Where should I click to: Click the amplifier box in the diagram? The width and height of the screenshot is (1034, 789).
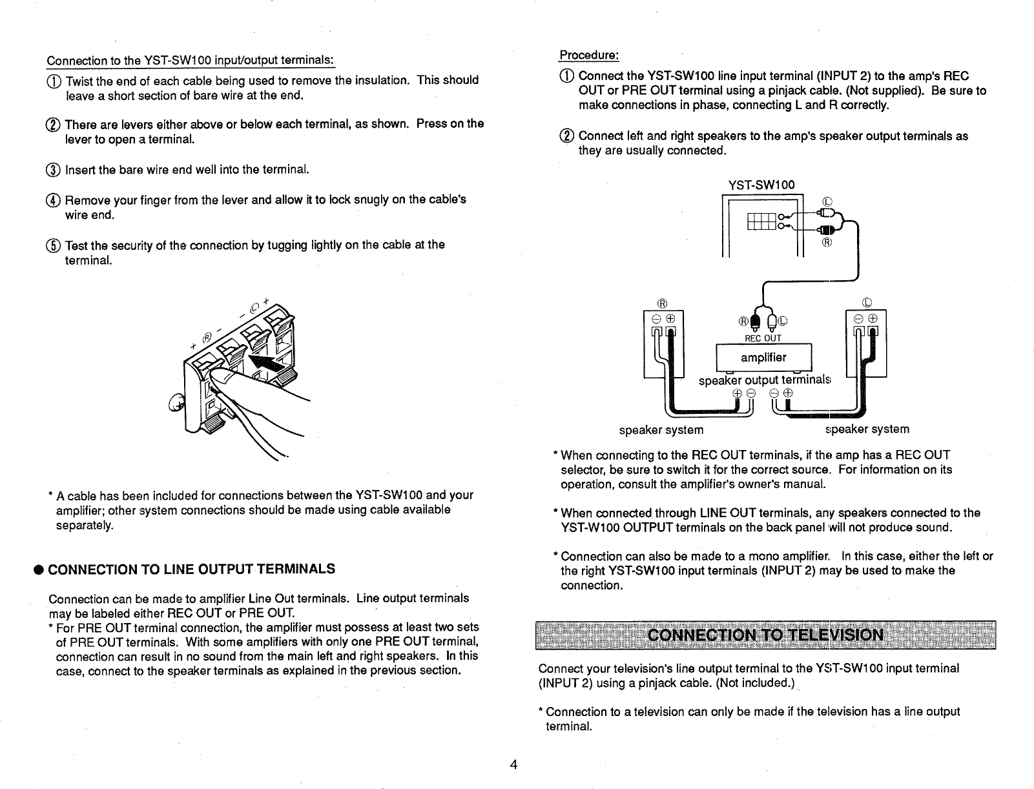[763, 358]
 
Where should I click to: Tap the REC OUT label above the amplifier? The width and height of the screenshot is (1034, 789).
[763, 338]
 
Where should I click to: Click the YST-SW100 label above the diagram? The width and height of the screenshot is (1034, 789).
[761, 186]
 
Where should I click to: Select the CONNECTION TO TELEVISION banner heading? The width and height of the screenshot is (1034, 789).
[766, 634]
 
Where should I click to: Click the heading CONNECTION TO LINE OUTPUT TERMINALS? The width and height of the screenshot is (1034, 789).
[192, 569]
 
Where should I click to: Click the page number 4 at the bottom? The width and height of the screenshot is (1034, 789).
[513, 765]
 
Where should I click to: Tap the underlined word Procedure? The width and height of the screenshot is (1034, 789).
[589, 54]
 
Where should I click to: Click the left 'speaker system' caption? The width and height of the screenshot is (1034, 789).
[661, 430]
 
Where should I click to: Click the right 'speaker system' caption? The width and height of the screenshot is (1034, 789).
[867, 429]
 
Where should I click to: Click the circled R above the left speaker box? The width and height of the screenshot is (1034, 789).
[661, 302]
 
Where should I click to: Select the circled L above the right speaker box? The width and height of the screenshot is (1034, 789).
[867, 302]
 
